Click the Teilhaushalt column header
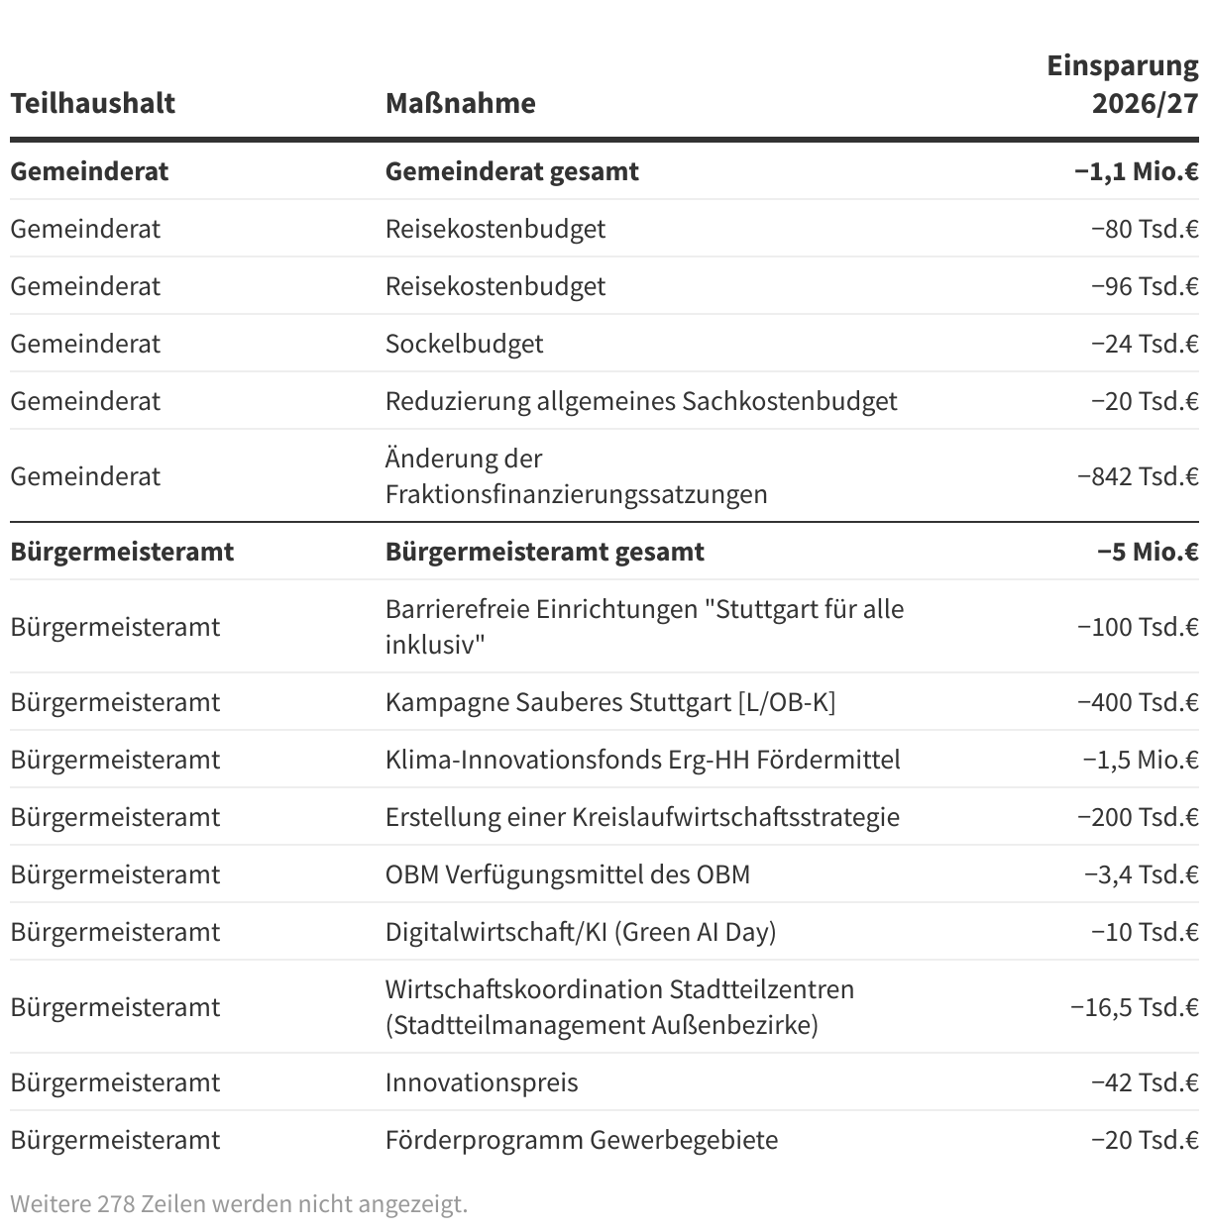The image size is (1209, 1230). pos(92,103)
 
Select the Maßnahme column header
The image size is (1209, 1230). pos(460,103)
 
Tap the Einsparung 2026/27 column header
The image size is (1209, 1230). pos(1123,84)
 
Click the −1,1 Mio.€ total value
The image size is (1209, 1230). pos(1136,171)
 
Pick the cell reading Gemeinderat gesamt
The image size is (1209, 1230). pos(511,171)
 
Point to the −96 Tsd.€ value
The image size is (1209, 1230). pos(1145,286)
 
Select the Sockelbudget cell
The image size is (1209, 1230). pos(464,344)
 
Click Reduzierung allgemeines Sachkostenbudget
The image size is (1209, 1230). pos(640,401)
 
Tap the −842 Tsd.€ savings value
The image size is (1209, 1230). pos(1138,476)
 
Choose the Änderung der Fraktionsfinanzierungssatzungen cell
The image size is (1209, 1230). pos(576,476)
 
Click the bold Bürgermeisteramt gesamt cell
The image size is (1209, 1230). pos(544,552)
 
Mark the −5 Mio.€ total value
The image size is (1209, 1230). pos(1148,552)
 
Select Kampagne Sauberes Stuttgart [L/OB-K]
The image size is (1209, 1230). pos(609,702)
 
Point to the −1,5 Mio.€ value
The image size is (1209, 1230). pos(1140,760)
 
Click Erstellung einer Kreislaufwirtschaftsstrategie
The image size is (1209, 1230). pos(642,817)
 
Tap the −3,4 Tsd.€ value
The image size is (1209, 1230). pos(1141,874)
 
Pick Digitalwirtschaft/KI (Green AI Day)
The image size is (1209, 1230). pos(580,932)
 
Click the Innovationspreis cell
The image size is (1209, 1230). pos(482,1082)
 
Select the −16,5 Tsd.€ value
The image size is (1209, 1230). pos(1134,1007)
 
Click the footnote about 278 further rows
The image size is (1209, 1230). pos(238,1204)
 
